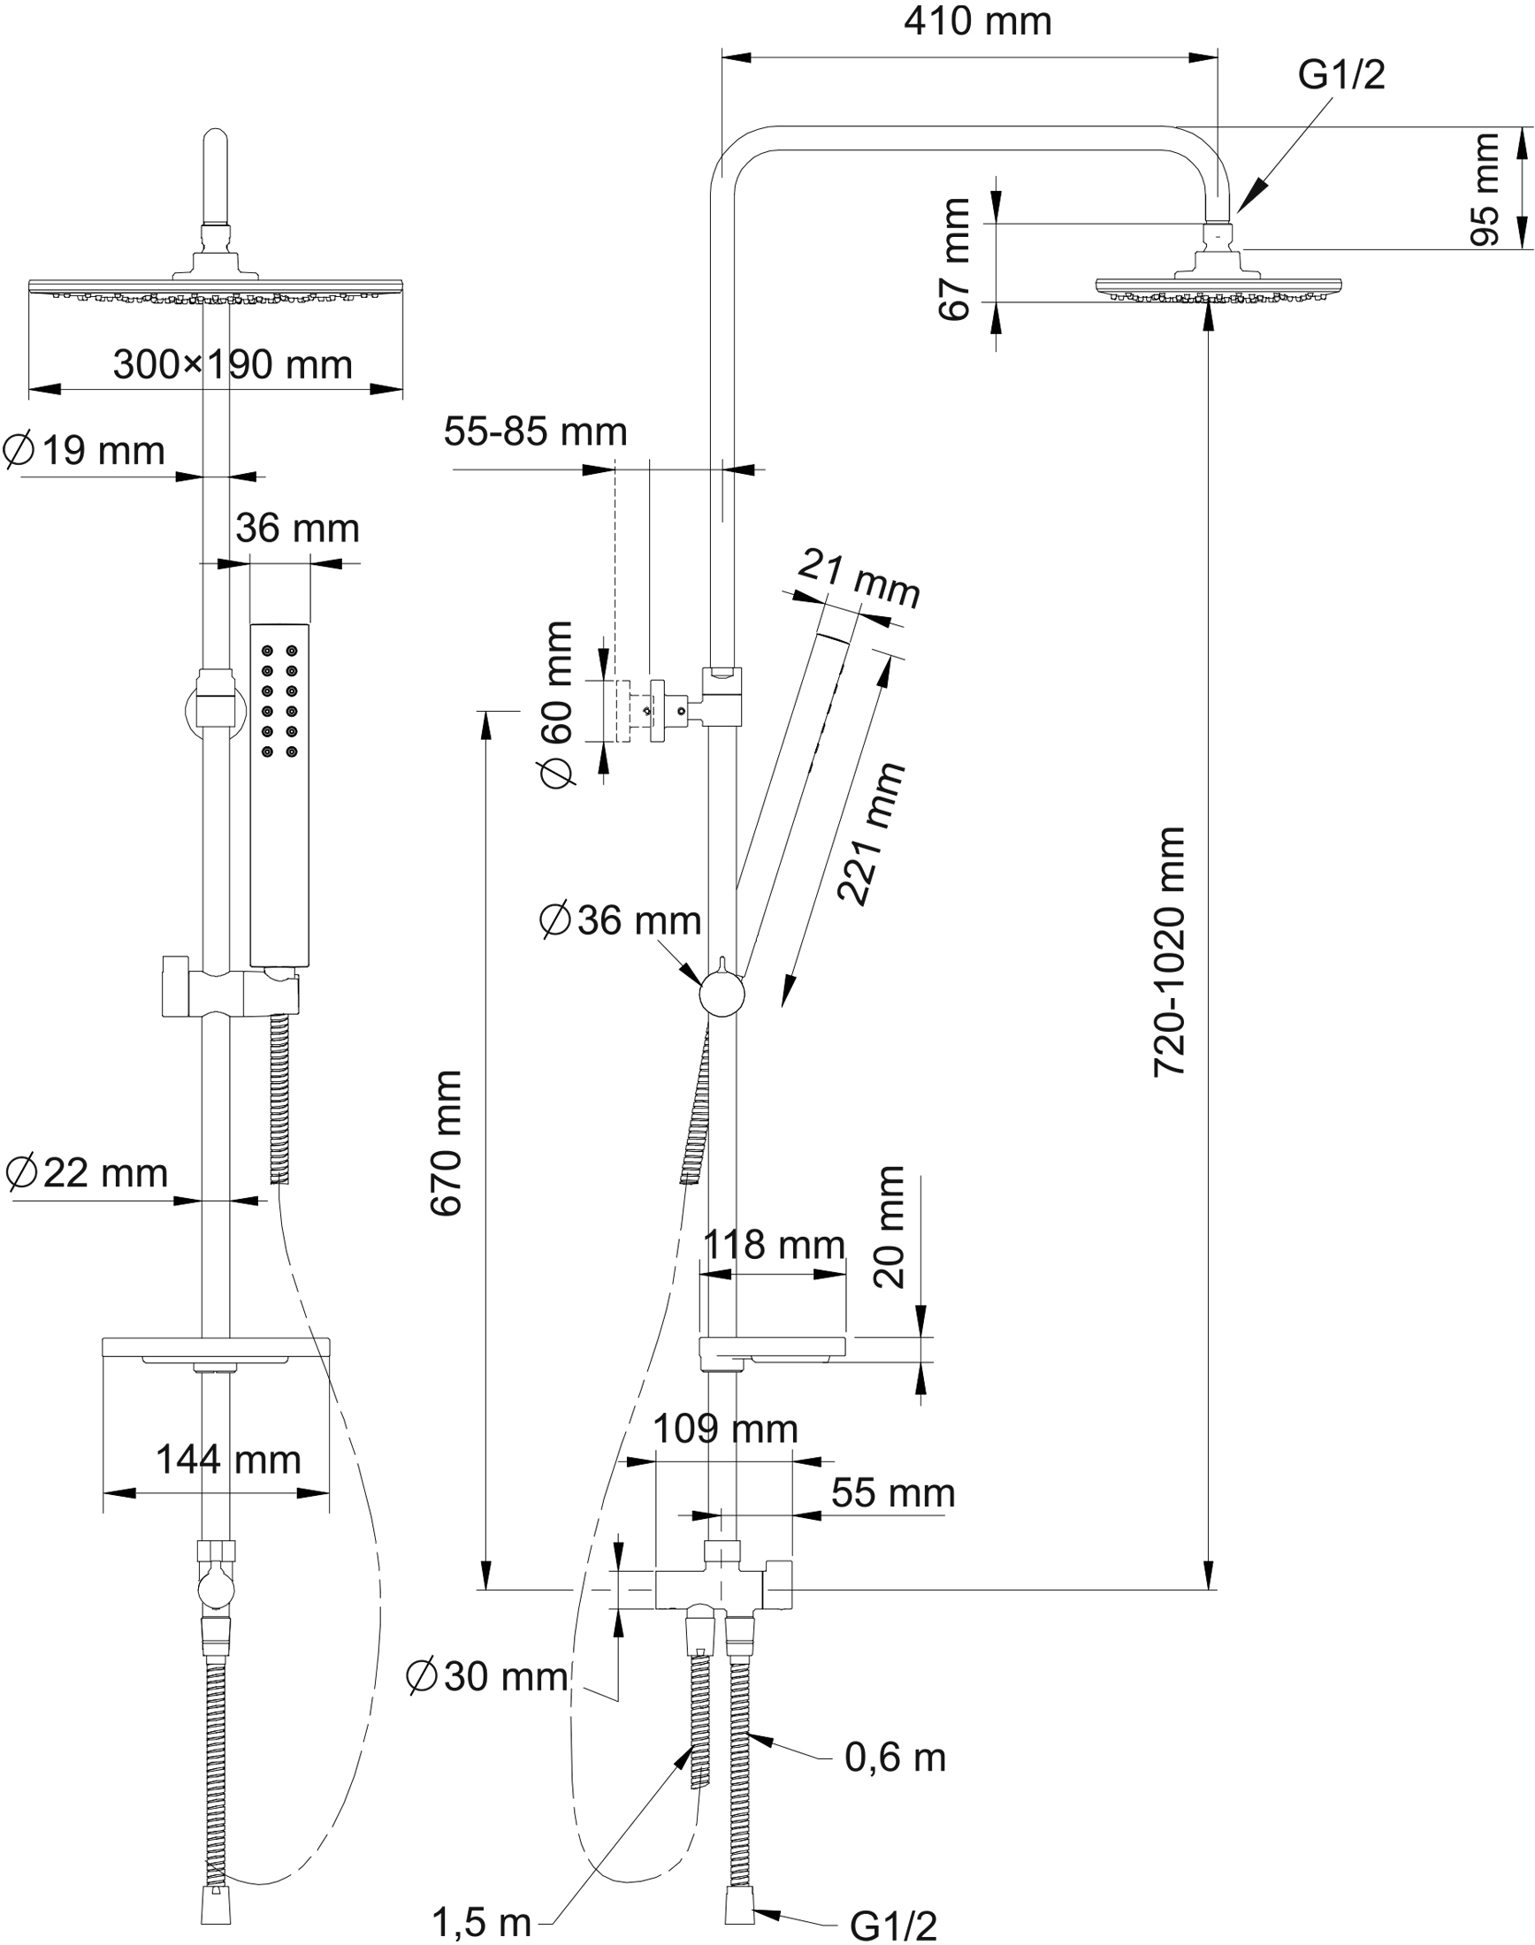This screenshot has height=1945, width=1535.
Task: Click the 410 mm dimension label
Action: (977, 21)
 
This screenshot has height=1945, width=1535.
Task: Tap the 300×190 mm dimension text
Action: (232, 365)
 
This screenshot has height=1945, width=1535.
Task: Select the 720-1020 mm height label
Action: (1169, 951)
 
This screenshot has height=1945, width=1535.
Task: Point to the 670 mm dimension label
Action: (446, 1143)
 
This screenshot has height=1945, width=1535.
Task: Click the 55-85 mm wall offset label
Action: (535, 432)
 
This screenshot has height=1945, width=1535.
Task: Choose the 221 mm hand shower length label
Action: (869, 834)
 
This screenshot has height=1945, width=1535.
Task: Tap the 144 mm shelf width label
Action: (228, 1460)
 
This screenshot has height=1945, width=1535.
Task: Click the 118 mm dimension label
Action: (773, 1245)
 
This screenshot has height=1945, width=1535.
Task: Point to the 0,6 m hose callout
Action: (895, 1758)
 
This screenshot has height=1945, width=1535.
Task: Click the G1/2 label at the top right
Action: (1340, 75)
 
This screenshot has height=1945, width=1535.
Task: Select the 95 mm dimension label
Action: (1485, 188)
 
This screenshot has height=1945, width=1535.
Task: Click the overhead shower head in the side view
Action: (1217, 286)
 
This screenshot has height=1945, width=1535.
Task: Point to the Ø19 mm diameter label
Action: (85, 451)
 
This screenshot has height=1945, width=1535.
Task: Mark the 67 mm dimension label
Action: (954, 260)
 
